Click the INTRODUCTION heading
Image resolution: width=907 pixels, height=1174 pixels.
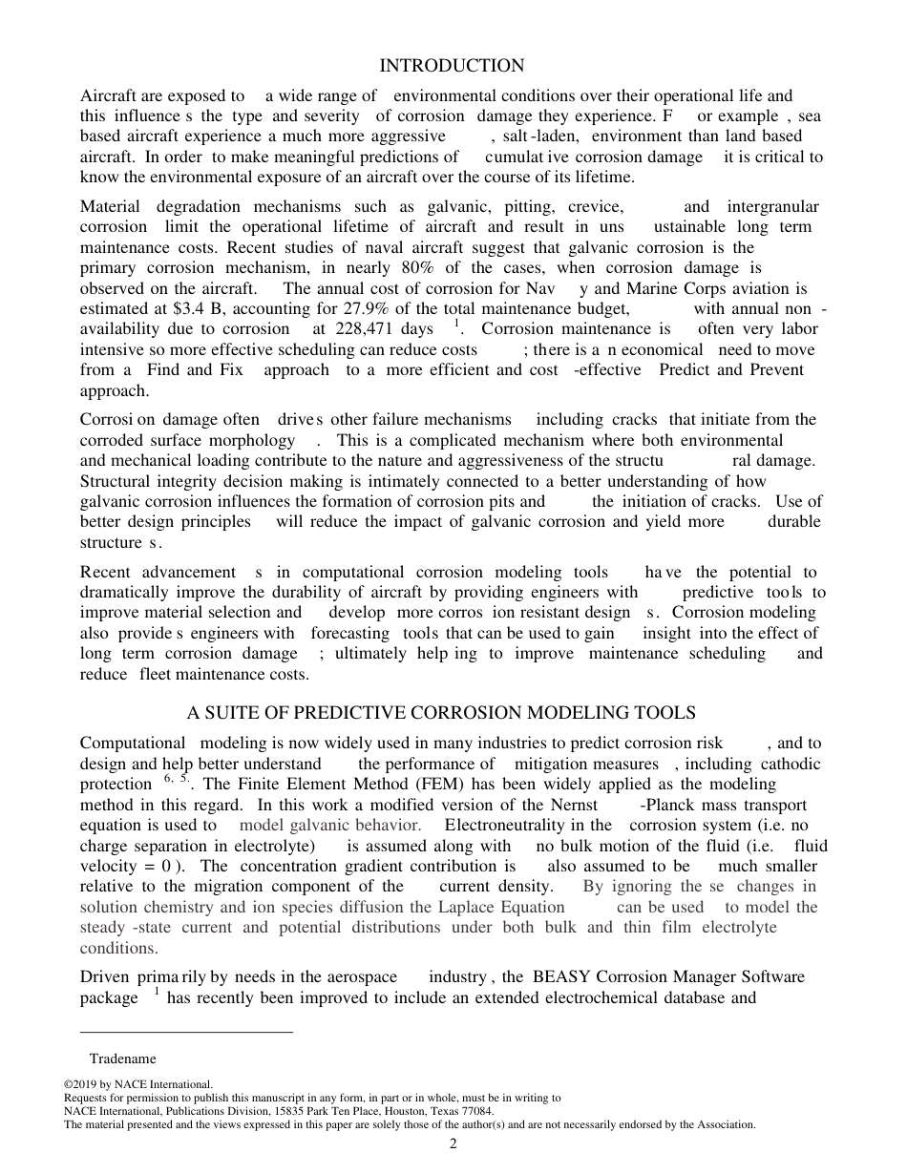tap(452, 66)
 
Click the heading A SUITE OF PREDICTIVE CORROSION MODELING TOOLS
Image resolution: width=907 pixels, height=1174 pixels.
tap(441, 713)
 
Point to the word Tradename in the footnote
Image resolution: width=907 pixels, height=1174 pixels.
tap(122, 1059)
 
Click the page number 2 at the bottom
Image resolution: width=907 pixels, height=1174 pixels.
tap(453, 1144)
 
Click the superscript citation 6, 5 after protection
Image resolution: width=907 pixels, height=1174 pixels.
tap(177, 779)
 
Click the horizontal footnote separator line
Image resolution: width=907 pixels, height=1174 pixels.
tap(186, 1032)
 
